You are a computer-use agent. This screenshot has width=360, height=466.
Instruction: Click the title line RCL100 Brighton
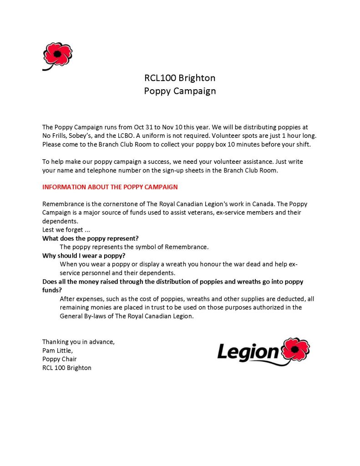[180, 78]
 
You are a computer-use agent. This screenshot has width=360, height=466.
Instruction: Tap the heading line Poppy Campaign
[180, 91]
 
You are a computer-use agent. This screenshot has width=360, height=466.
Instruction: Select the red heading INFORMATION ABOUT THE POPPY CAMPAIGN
[110, 187]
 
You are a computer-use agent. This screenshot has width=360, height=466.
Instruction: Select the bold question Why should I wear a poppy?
[84, 255]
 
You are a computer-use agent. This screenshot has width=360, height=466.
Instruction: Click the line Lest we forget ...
[66, 230]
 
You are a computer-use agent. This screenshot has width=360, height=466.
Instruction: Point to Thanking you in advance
[78, 342]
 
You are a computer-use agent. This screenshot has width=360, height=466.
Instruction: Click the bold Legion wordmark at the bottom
[248, 352]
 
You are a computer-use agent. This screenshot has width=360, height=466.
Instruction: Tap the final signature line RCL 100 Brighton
[67, 368]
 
